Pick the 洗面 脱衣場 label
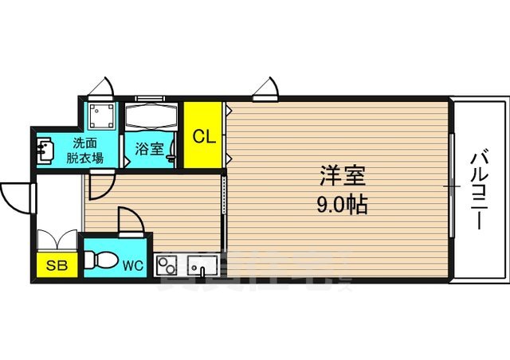(x=86, y=151)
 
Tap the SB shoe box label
(x=56, y=265)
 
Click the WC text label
(x=132, y=265)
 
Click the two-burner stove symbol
(x=168, y=264)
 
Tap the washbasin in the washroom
(x=45, y=148)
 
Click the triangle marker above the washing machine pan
(x=100, y=86)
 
